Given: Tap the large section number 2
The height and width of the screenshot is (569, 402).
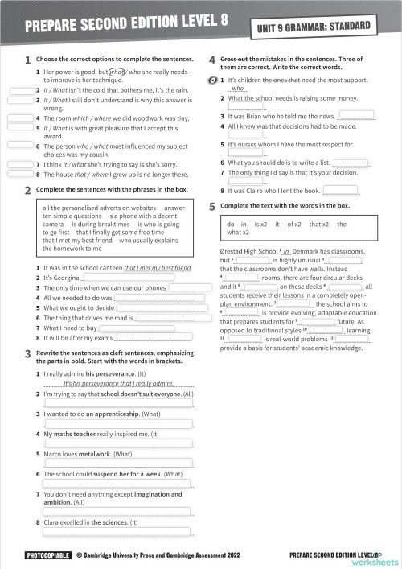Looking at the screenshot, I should click(x=28, y=190).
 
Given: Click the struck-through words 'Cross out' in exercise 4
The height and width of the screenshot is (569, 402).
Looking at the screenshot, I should click(x=232, y=60).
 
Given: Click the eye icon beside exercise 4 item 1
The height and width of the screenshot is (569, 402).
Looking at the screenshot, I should click(x=212, y=80).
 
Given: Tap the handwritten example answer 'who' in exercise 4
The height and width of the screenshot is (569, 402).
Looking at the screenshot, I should click(x=238, y=89).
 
